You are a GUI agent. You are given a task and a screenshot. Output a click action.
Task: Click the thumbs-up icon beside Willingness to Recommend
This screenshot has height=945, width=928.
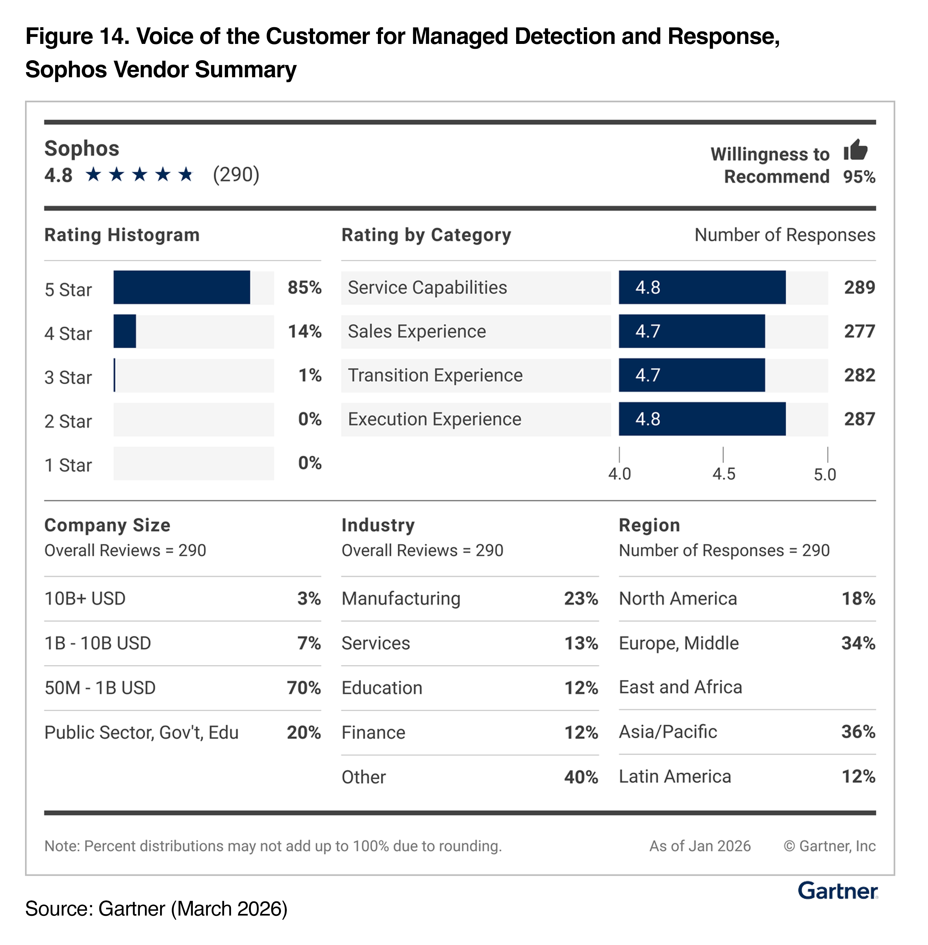pyautogui.click(x=856, y=150)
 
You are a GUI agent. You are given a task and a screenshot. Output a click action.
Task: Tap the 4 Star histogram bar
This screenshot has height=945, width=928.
pyautogui.click(x=125, y=331)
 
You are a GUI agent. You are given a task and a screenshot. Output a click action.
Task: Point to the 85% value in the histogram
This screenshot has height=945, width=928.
pyautogui.click(x=304, y=288)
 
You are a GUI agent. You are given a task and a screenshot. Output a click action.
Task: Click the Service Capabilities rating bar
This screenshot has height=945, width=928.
pyautogui.click(x=702, y=288)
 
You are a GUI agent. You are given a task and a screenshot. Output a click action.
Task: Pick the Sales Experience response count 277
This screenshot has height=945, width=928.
pyautogui.click(x=859, y=331)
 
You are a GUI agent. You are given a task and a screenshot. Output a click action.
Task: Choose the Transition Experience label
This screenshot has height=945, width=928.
pyautogui.click(x=435, y=375)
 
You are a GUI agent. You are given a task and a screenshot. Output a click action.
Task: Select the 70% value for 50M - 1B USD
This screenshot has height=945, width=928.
pyautogui.click(x=304, y=688)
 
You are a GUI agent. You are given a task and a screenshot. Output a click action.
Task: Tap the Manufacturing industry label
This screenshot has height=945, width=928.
pyautogui.click(x=401, y=599)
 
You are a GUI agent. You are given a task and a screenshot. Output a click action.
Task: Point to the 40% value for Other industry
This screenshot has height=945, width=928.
pyautogui.click(x=581, y=777)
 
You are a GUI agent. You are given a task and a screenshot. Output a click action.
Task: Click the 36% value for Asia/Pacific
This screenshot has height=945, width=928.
pyautogui.click(x=858, y=732)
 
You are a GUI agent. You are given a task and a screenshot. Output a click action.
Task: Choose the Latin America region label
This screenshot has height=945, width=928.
pyautogui.click(x=675, y=776)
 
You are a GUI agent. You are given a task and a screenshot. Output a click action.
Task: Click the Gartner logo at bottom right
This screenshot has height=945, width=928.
pyautogui.click(x=837, y=891)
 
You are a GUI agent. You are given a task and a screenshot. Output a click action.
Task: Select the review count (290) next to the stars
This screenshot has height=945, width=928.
pyautogui.click(x=236, y=174)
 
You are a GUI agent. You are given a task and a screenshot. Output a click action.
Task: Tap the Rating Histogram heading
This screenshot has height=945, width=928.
pyautogui.click(x=122, y=235)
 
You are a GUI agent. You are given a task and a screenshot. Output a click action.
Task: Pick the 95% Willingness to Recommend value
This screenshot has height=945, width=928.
pyautogui.click(x=859, y=176)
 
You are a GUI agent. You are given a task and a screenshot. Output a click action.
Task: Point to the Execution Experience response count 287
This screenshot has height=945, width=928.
pyautogui.click(x=859, y=419)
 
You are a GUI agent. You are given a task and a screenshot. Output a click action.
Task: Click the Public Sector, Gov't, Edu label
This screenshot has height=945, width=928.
pyautogui.click(x=141, y=732)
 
